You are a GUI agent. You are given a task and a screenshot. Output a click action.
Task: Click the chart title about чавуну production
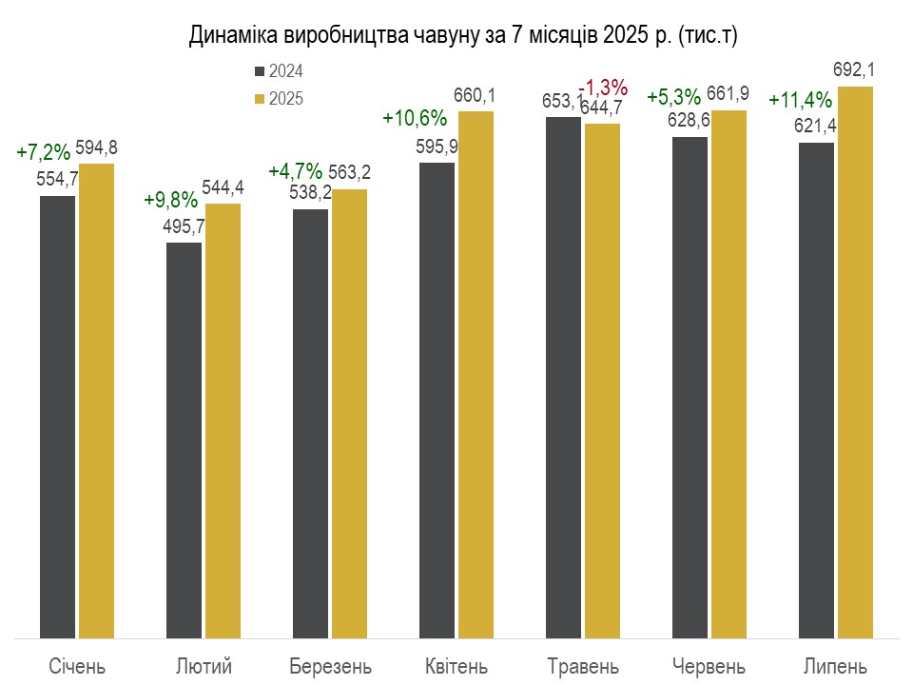pos(464,35)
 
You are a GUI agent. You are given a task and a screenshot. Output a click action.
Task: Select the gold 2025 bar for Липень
pos(855,362)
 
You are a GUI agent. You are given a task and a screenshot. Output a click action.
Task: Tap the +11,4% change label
pos(801,99)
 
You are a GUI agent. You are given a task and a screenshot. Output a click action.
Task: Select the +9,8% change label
pos(171,200)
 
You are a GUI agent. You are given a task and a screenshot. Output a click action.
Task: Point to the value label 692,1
pos(854,69)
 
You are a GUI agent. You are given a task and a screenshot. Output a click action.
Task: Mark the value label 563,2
pos(349,172)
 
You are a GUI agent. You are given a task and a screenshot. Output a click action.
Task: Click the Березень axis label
pos(330,664)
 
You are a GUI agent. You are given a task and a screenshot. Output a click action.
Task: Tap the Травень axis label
pos(584,664)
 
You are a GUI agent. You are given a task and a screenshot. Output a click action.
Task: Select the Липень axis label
pos(836,664)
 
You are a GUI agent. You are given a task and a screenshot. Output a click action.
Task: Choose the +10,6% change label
pos(415,118)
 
